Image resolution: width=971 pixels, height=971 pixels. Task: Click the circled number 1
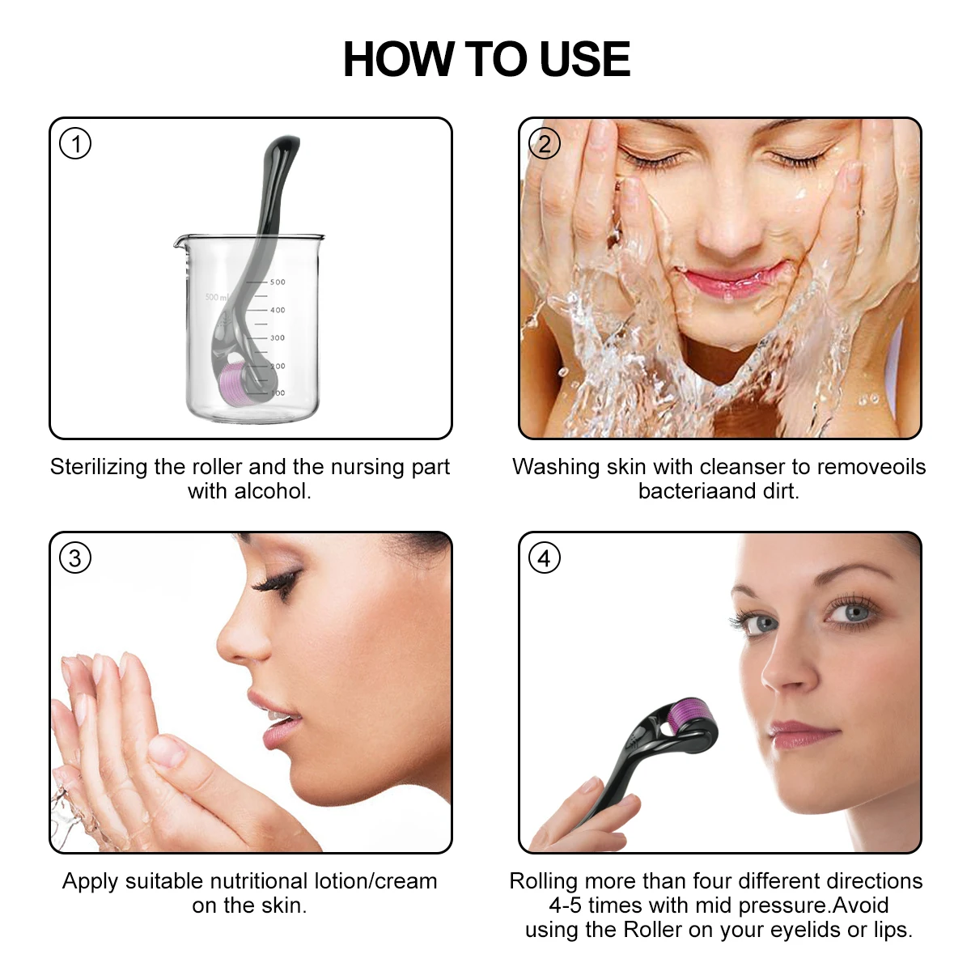tap(75, 145)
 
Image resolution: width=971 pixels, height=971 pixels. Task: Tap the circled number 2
tap(544, 145)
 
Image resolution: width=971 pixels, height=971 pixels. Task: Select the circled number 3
tap(75, 558)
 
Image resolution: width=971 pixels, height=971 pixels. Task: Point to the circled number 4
tap(544, 558)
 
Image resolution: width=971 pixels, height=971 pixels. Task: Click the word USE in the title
tap(584, 60)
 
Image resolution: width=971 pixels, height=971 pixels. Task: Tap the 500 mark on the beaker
tap(277, 282)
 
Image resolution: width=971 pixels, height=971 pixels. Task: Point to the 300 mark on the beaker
tap(277, 338)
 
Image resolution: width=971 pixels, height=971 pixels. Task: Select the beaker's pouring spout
tap(179, 240)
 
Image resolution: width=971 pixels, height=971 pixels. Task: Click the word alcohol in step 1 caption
tap(271, 491)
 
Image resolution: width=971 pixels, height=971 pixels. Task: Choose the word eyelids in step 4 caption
tap(806, 930)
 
